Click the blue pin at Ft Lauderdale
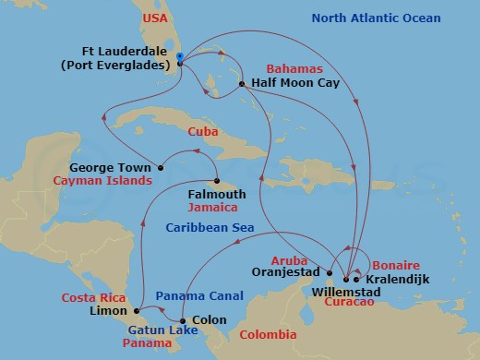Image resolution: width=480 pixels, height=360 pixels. pos(180,58)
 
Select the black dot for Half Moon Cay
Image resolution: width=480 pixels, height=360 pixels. pos(242,84)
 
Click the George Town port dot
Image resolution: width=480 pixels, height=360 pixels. pos(161,168)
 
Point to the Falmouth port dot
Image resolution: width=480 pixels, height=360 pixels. pos(217,181)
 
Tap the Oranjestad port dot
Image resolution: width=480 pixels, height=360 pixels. pos(330,272)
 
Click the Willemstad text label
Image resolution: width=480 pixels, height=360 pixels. pos(341,292)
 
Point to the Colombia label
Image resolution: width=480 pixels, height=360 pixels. pos(268,334)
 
